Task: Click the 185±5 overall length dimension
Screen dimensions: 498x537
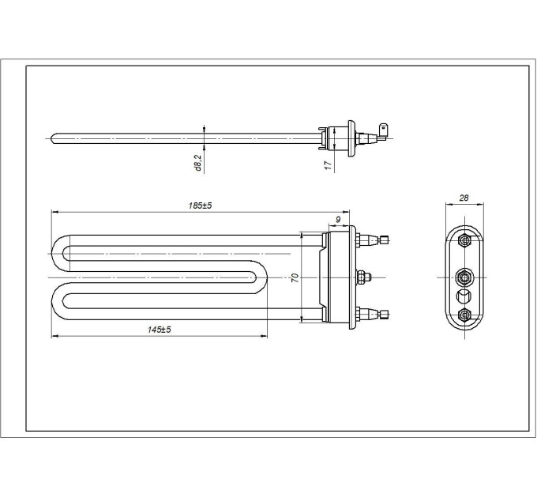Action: (x=201, y=206)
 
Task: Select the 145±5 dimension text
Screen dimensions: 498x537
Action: (x=159, y=329)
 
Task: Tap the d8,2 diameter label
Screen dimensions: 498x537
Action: (x=198, y=162)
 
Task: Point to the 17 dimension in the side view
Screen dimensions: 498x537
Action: (x=327, y=164)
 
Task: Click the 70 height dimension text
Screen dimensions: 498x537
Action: (x=295, y=277)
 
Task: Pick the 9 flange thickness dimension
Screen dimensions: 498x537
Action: (x=338, y=217)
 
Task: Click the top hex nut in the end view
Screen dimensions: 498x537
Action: (x=464, y=240)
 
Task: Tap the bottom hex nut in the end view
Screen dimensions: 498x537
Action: (x=464, y=315)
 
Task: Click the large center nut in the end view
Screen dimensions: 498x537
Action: (x=464, y=277)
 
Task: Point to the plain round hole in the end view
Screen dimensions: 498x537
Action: (x=464, y=296)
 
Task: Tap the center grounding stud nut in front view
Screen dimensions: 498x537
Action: (x=363, y=277)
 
